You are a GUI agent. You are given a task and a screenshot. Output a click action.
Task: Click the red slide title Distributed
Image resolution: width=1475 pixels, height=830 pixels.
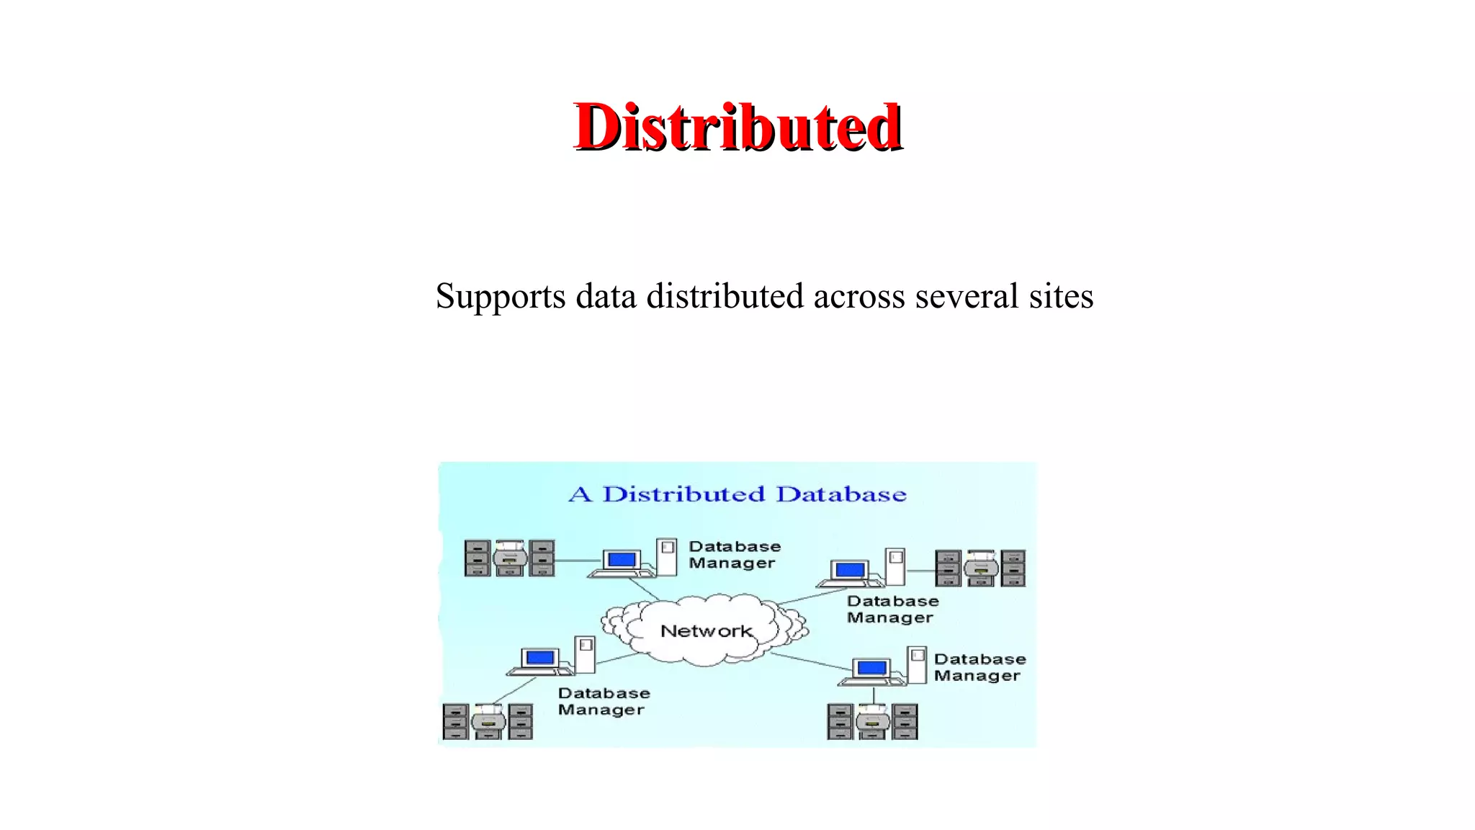(x=737, y=127)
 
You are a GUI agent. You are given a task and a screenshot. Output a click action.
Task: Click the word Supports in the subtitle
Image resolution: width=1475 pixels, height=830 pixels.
(x=501, y=297)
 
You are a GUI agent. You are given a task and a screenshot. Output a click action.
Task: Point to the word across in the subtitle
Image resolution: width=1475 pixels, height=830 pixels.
(x=859, y=296)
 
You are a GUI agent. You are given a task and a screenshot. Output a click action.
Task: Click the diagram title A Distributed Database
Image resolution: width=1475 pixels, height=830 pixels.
(x=737, y=494)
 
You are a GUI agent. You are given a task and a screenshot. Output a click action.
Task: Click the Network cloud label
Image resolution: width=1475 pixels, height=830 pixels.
(x=706, y=631)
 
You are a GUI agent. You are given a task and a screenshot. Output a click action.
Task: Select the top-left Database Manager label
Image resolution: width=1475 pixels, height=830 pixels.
(x=734, y=555)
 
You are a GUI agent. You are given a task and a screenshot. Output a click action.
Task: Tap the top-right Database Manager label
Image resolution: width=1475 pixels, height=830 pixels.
(x=892, y=609)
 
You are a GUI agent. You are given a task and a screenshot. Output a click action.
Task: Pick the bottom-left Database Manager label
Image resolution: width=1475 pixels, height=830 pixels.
(x=604, y=701)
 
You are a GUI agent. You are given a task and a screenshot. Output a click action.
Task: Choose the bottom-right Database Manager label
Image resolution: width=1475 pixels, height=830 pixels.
(x=979, y=667)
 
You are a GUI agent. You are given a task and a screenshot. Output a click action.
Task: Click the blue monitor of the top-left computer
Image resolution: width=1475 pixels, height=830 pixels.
(x=621, y=560)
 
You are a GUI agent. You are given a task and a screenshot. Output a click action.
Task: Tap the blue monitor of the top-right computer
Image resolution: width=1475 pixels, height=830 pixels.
(x=850, y=570)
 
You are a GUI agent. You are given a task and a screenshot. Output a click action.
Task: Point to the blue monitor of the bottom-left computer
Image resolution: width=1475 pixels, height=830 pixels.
(x=540, y=657)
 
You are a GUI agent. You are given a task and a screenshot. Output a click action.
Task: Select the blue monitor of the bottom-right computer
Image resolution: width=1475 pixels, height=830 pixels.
(x=871, y=667)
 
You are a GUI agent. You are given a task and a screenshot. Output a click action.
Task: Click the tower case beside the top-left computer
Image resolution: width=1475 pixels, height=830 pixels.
(x=667, y=556)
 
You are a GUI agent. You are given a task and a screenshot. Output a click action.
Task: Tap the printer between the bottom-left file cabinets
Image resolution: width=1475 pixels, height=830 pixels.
(x=488, y=721)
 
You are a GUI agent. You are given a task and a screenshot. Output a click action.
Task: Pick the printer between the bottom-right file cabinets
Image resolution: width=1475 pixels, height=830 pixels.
(x=872, y=721)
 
